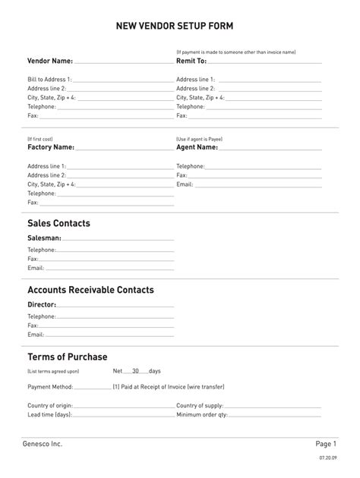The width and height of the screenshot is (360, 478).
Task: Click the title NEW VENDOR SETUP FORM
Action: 179,26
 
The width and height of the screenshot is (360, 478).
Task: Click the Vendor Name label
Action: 50,61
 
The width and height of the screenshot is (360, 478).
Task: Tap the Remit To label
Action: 191,61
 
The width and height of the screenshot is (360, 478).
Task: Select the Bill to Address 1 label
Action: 50,79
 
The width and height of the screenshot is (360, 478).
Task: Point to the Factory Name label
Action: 51,147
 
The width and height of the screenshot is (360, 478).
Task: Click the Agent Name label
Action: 197,147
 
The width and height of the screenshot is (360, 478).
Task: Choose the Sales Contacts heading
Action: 58,223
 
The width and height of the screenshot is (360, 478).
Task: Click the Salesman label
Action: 44,238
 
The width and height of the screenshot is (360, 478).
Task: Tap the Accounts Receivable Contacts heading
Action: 90,290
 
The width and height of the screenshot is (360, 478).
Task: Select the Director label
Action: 43,305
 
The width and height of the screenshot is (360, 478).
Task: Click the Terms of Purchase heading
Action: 68,357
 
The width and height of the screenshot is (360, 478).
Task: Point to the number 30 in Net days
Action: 135,371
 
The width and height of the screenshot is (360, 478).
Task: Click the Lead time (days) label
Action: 50,415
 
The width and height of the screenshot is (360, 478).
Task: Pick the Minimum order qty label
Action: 202,415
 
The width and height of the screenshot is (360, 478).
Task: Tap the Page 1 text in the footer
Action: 326,444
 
